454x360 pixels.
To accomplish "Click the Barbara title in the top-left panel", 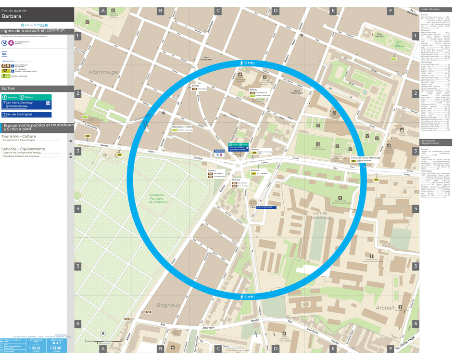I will [11, 16].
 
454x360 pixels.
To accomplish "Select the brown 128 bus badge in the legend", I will [6, 65].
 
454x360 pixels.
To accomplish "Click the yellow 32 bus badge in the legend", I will [5, 71].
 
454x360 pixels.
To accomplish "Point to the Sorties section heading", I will [8, 89].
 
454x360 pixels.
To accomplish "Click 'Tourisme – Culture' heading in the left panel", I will [19, 136].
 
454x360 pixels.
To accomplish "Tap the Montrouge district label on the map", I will [103, 72].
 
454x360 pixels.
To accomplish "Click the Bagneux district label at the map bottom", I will [168, 305].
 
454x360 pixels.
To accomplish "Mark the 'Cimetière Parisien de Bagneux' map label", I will [156, 198].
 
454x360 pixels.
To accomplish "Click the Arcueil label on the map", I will [385, 308].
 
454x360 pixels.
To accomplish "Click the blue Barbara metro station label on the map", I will [219, 151].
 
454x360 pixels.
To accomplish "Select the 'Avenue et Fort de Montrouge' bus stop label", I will [365, 157].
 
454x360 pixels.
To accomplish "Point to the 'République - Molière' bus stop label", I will [182, 127].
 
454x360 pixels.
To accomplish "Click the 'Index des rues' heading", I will [430, 9].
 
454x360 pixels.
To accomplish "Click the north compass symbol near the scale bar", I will [103, 333].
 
